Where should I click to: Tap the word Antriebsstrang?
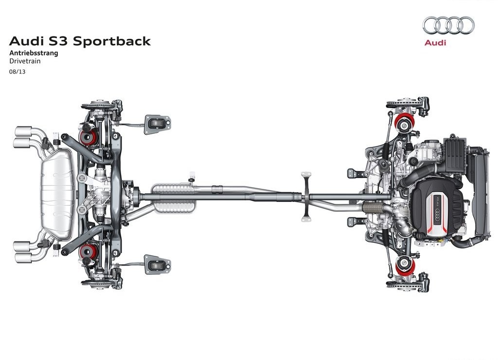[x=34, y=53]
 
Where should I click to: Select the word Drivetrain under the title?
[x=25, y=61]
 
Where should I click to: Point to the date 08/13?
[x=17, y=72]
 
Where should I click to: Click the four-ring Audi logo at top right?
[x=448, y=25]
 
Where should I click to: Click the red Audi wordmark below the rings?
[x=435, y=43]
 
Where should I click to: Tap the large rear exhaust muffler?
[x=58, y=194]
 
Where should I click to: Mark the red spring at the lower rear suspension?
[x=88, y=252]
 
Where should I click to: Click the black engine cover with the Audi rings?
[x=438, y=207]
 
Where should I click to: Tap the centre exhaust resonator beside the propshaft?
[x=174, y=198]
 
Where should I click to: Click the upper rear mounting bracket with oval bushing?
[x=158, y=125]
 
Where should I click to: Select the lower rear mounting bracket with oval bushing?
[x=158, y=264]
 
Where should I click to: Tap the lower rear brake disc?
[x=98, y=284]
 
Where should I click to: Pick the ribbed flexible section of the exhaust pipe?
[x=373, y=208]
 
